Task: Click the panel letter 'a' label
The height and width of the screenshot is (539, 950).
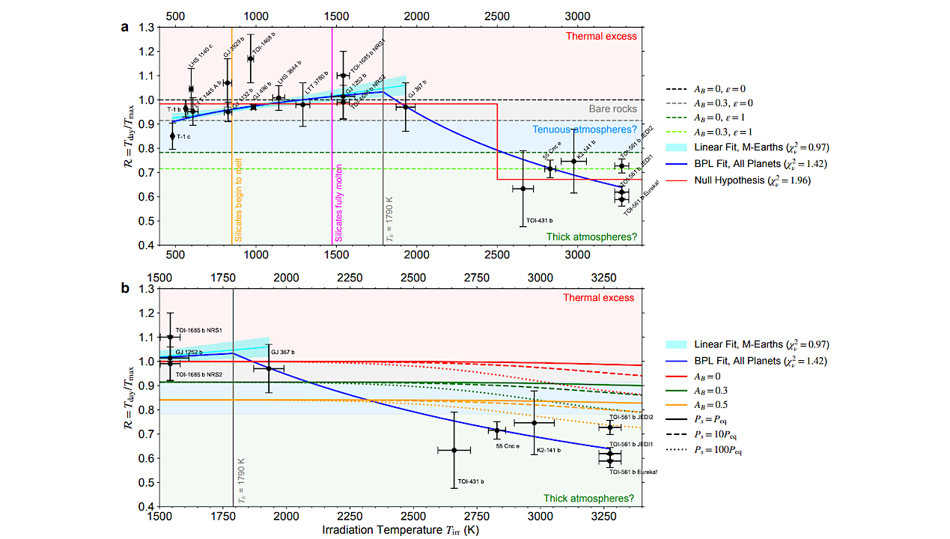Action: tap(125, 28)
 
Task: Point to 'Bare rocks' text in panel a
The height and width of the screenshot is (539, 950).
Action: tap(612, 109)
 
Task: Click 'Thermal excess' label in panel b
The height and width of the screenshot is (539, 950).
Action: tap(601, 297)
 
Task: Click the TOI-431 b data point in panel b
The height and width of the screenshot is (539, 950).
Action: tap(454, 450)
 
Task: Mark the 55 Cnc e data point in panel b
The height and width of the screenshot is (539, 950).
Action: tap(496, 430)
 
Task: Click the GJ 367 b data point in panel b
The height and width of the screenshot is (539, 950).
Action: tap(269, 368)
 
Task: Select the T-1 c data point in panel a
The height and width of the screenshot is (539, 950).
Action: tap(172, 135)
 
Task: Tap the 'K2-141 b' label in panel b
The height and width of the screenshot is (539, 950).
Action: tap(548, 450)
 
